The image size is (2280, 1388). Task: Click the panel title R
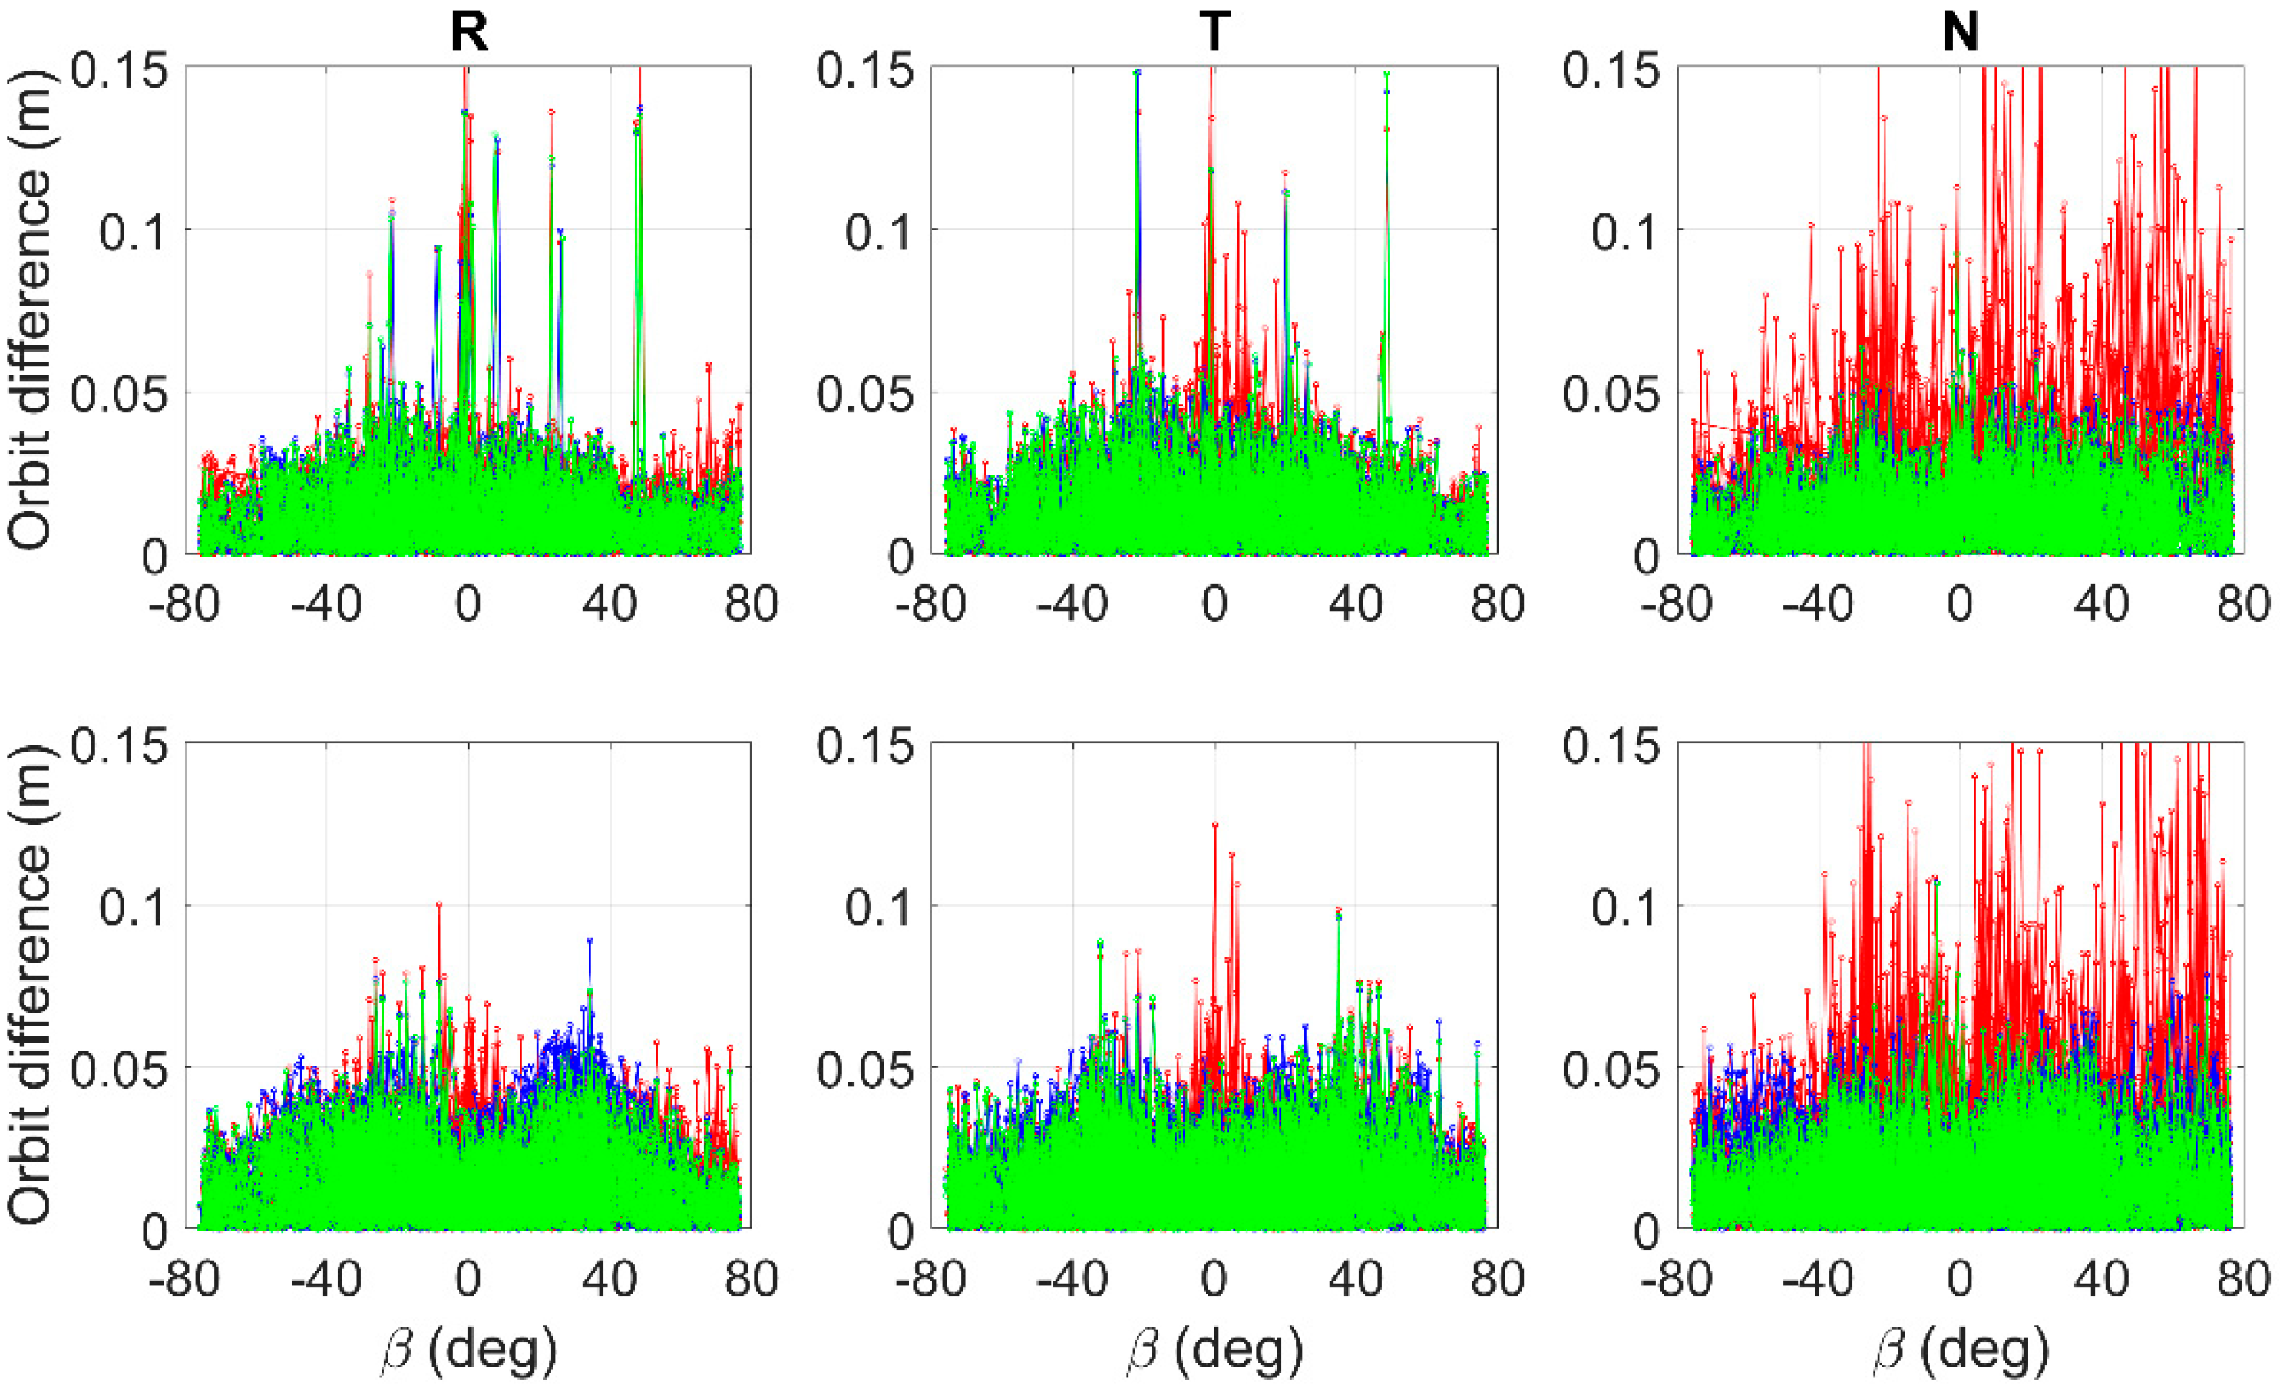coord(468,33)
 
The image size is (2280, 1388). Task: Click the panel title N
coord(1960,33)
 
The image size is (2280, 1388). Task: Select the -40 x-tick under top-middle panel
coord(1072,605)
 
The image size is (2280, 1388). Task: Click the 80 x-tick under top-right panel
coord(2243,605)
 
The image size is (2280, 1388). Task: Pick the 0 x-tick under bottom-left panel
coord(468,1280)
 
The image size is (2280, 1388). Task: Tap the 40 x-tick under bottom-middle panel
coord(1356,1280)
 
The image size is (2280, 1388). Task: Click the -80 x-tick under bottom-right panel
coord(1677,1280)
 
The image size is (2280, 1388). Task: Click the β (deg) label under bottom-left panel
coord(469,1351)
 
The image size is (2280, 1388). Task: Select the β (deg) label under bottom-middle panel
coord(1215,1351)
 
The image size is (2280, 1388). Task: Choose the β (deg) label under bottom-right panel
coord(1961,1351)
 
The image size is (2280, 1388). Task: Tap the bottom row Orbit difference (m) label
coord(30,986)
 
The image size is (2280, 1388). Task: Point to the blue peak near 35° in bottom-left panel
coord(590,942)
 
